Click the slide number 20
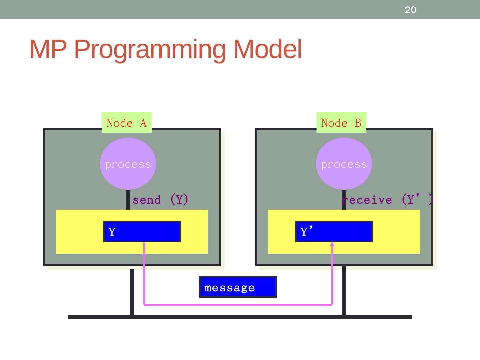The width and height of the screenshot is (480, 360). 410,10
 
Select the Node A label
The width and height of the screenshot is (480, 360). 126,123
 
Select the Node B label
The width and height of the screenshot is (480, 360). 341,123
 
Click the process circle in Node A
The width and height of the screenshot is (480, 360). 128,164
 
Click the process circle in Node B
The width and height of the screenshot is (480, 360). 344,164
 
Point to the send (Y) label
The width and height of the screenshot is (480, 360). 160,200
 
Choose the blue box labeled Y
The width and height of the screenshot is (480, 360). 142,232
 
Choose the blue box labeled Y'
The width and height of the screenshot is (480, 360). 334,232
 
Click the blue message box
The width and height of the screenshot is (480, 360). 238,287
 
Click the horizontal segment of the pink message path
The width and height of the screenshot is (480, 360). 238,304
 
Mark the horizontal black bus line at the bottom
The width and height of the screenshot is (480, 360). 240,317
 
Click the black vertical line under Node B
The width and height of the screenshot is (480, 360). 344,290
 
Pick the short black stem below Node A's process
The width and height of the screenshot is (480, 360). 128,200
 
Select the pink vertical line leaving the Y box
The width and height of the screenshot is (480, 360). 144,273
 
